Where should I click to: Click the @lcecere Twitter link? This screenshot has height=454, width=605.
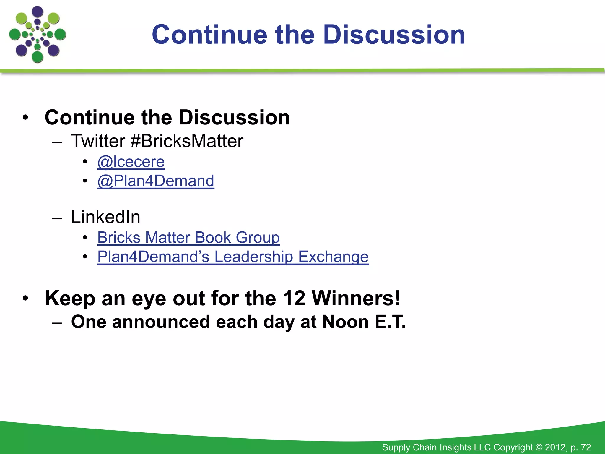tap(131, 162)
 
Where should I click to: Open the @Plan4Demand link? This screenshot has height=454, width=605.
tap(156, 181)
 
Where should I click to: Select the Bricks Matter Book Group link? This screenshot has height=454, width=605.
tap(188, 238)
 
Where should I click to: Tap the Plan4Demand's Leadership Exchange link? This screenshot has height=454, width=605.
tap(233, 257)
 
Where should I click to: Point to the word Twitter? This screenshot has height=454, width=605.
tap(98, 141)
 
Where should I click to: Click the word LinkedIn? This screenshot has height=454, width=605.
tap(105, 217)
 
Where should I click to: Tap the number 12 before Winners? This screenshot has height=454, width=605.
tap(294, 298)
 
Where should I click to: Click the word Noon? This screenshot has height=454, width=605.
tap(345, 322)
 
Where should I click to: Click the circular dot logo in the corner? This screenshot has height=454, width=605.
tap(38, 35)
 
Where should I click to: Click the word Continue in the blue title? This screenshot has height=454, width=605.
tap(209, 35)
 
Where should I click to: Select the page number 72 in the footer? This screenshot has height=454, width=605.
tap(586, 447)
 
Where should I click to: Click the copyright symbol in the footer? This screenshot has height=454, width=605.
tap(539, 447)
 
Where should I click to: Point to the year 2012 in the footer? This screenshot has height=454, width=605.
tap(556, 447)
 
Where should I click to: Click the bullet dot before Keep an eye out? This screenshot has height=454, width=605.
tap(26, 298)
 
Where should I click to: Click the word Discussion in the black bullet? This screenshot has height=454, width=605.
tap(234, 118)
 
